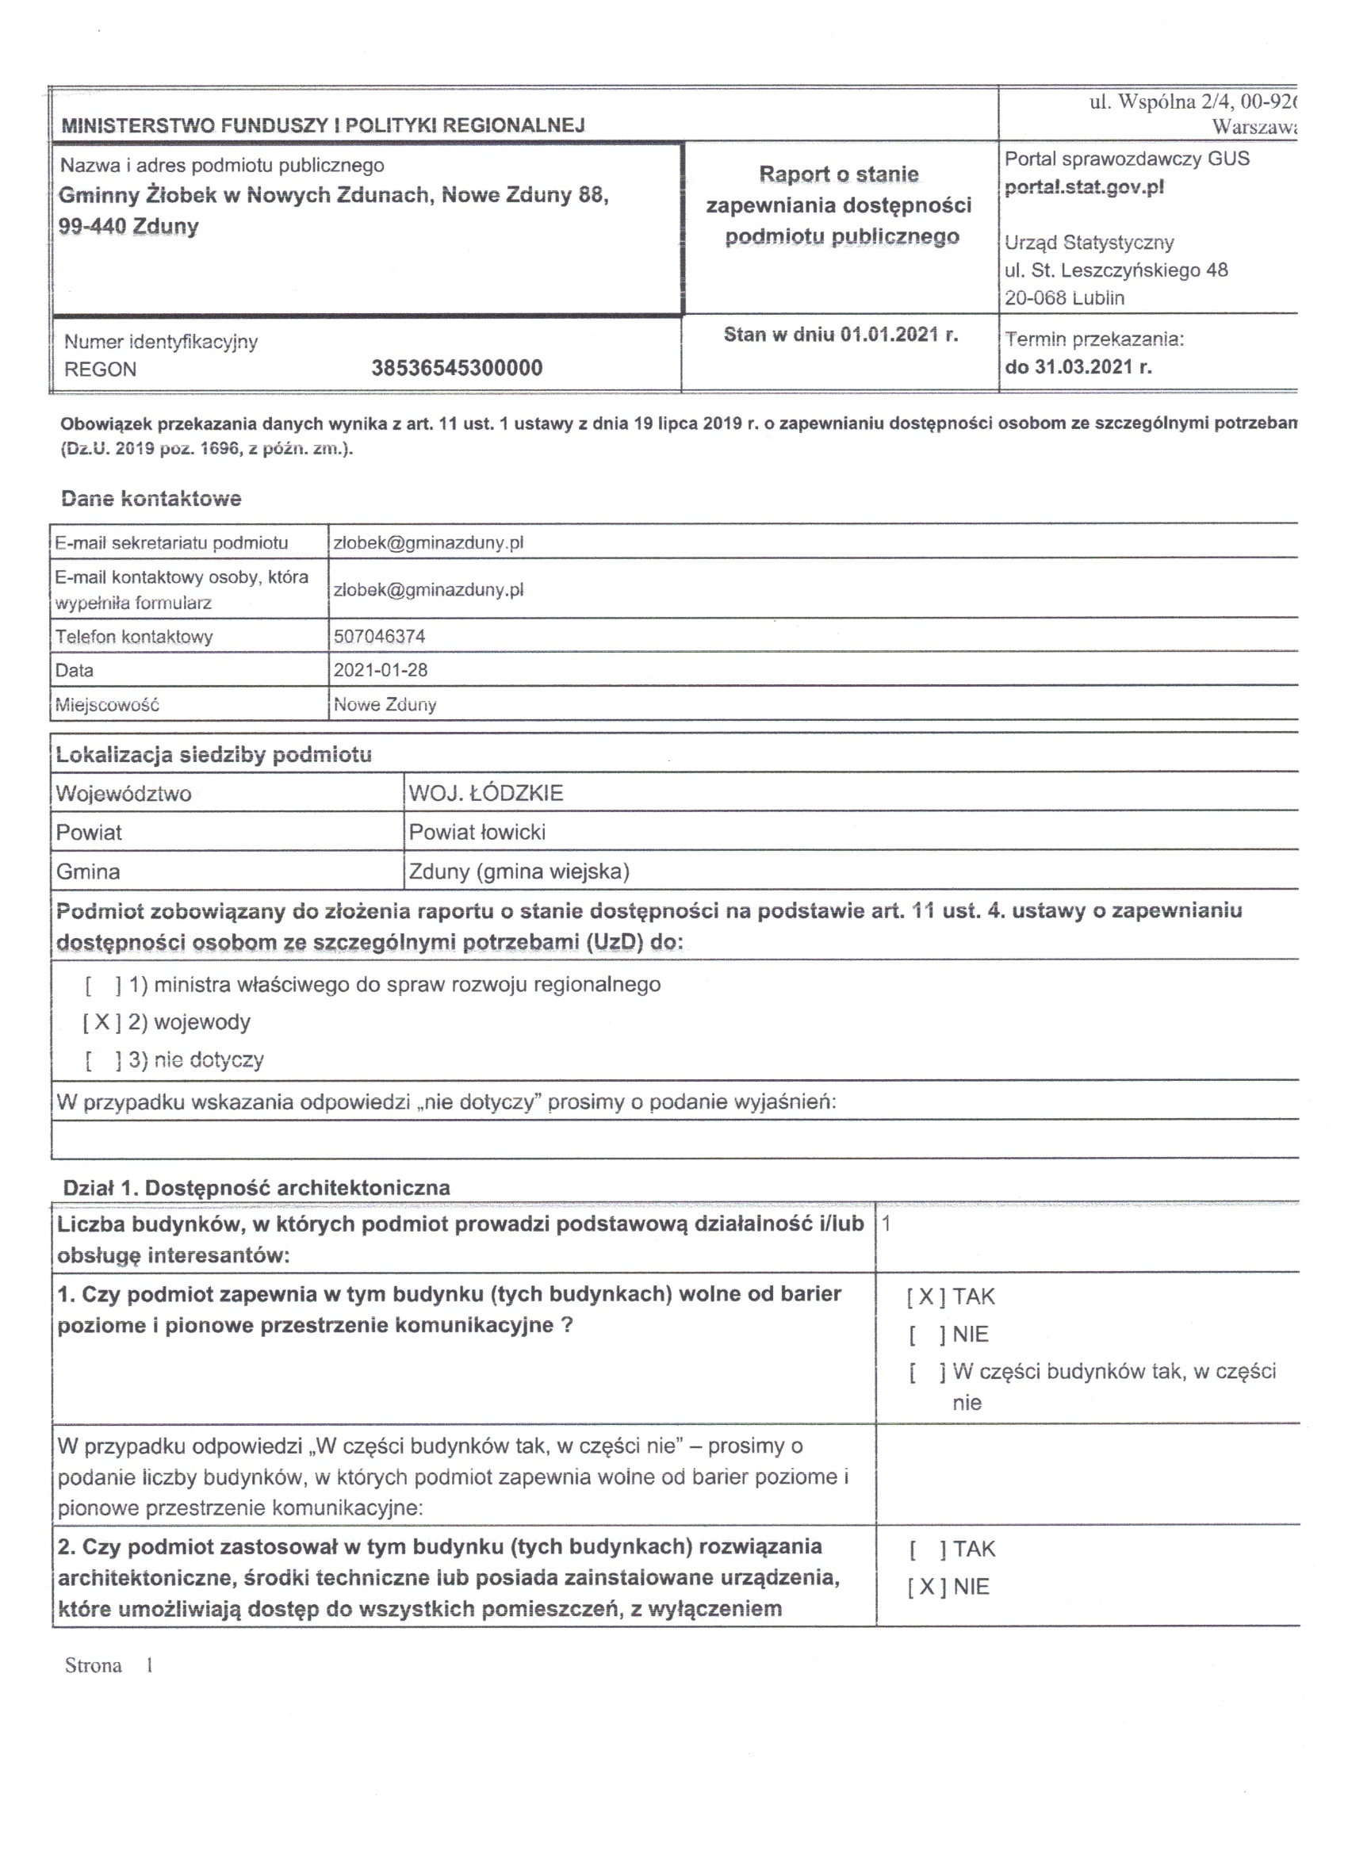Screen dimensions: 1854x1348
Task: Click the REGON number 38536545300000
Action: (456, 368)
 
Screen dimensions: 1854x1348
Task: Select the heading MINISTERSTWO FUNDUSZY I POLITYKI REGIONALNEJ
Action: (323, 125)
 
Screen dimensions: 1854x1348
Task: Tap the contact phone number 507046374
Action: (379, 636)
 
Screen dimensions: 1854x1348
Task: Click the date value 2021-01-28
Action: (380, 670)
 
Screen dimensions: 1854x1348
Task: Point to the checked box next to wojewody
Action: (102, 1022)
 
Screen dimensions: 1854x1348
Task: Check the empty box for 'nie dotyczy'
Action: (103, 1060)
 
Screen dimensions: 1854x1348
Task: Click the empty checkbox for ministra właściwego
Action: (103, 985)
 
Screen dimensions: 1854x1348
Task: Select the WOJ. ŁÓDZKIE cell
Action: (485, 793)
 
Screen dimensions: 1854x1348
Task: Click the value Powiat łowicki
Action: (477, 832)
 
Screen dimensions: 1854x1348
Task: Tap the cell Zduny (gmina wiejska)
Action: (519, 871)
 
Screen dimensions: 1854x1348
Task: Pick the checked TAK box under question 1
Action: (926, 1297)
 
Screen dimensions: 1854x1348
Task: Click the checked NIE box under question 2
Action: (926, 1587)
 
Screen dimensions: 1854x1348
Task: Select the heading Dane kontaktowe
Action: (151, 499)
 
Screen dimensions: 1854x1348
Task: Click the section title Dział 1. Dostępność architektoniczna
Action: (256, 1188)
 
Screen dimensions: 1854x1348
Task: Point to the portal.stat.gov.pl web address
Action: (1084, 187)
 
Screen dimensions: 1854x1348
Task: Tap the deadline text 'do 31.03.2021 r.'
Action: (1078, 367)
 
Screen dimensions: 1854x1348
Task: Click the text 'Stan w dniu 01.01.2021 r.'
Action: (841, 335)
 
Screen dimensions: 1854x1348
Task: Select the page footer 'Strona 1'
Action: (109, 1666)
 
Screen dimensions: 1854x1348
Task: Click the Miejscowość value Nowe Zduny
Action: (385, 705)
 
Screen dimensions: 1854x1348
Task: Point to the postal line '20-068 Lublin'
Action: (1064, 298)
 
